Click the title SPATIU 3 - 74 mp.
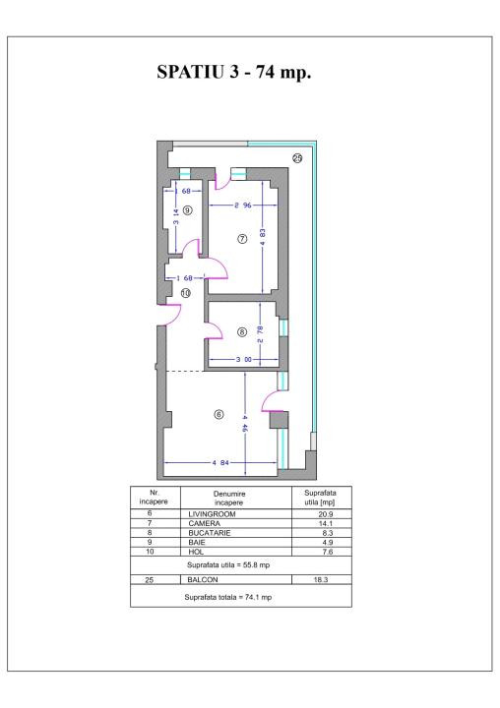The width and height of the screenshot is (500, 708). [x=250, y=76]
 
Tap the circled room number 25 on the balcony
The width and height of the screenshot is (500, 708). [x=297, y=157]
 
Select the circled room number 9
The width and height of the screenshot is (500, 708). [x=187, y=210]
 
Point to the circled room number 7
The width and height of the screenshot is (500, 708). [x=242, y=240]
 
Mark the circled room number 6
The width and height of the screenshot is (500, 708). [x=219, y=414]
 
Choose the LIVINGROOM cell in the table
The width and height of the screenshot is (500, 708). [x=208, y=514]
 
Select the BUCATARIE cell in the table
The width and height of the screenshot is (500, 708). [x=206, y=532]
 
